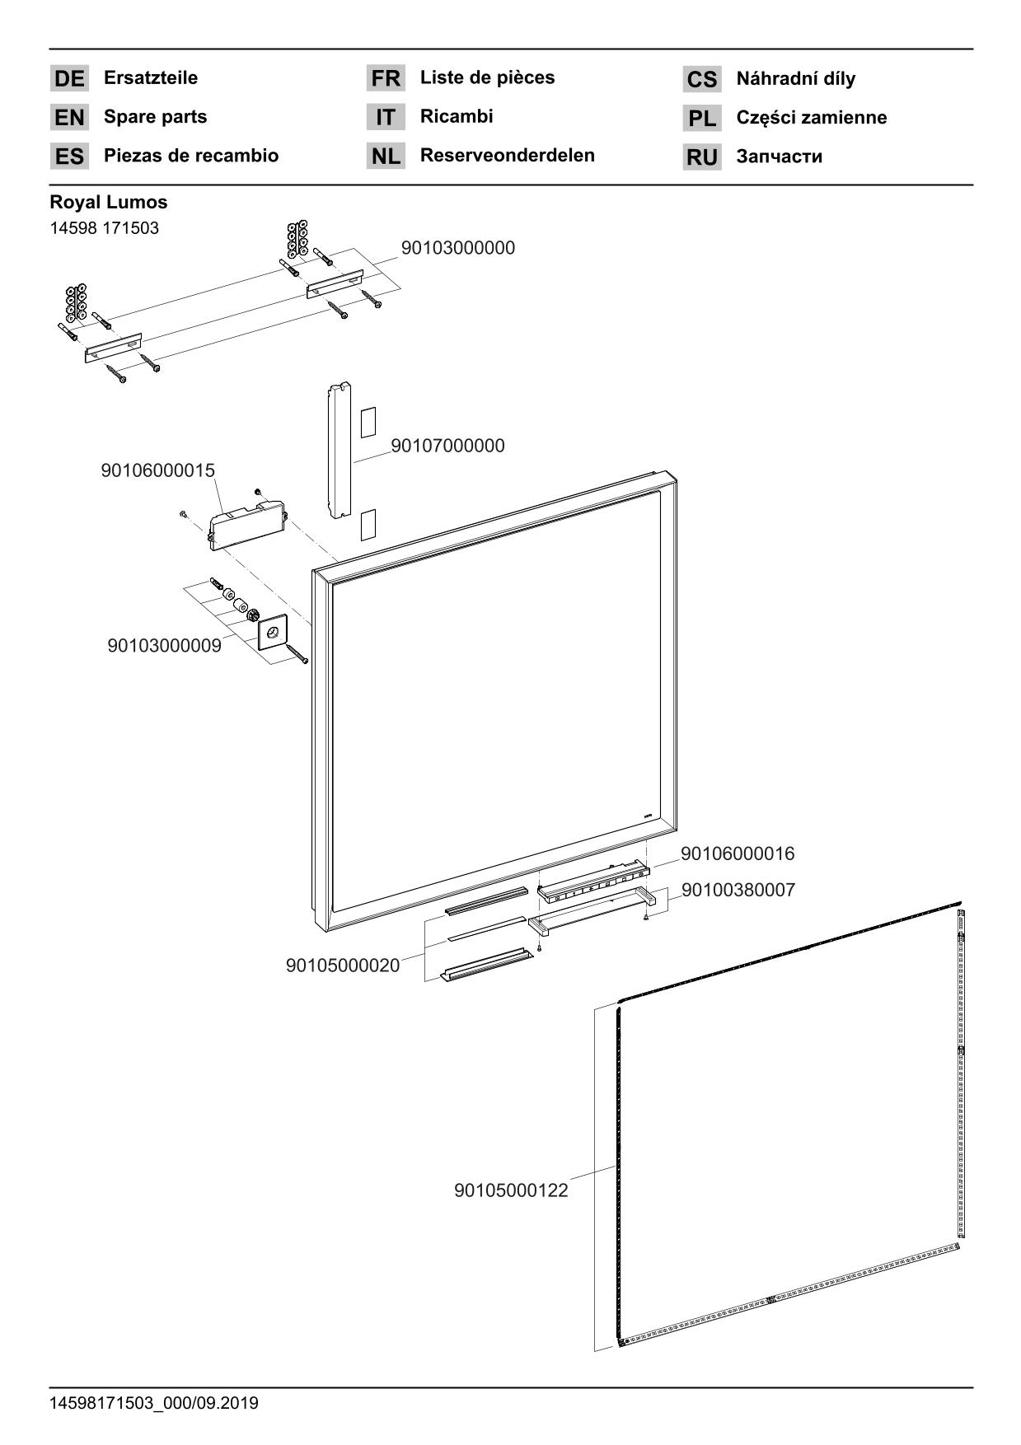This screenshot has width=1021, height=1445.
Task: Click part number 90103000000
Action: (457, 248)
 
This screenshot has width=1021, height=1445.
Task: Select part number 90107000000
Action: (447, 446)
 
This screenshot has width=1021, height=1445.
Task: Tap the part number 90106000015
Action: (157, 470)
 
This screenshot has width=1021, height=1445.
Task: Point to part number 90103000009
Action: (164, 646)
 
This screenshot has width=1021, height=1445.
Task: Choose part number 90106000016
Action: (738, 853)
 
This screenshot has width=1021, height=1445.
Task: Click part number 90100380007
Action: (738, 890)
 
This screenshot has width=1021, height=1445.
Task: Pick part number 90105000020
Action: (342, 965)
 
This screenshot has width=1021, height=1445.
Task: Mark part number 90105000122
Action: (511, 1190)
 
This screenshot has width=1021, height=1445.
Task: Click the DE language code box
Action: (69, 78)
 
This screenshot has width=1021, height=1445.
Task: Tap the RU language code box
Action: (701, 157)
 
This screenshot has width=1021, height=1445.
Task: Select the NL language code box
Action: (386, 156)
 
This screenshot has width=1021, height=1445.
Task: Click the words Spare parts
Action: (155, 117)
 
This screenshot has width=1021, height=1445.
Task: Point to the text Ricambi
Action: (457, 116)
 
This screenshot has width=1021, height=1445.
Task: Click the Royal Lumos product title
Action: (108, 202)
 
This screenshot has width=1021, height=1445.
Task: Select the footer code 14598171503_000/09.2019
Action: (154, 1403)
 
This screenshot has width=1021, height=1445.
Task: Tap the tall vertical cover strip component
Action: (339, 451)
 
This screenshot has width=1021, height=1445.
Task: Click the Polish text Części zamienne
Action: (811, 118)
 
